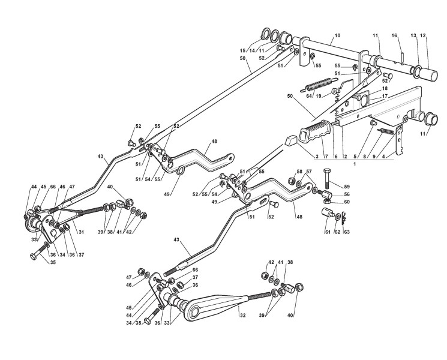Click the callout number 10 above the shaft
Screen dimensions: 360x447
[337, 36]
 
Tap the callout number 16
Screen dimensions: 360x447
[395, 36]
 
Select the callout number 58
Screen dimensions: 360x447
[299, 172]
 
